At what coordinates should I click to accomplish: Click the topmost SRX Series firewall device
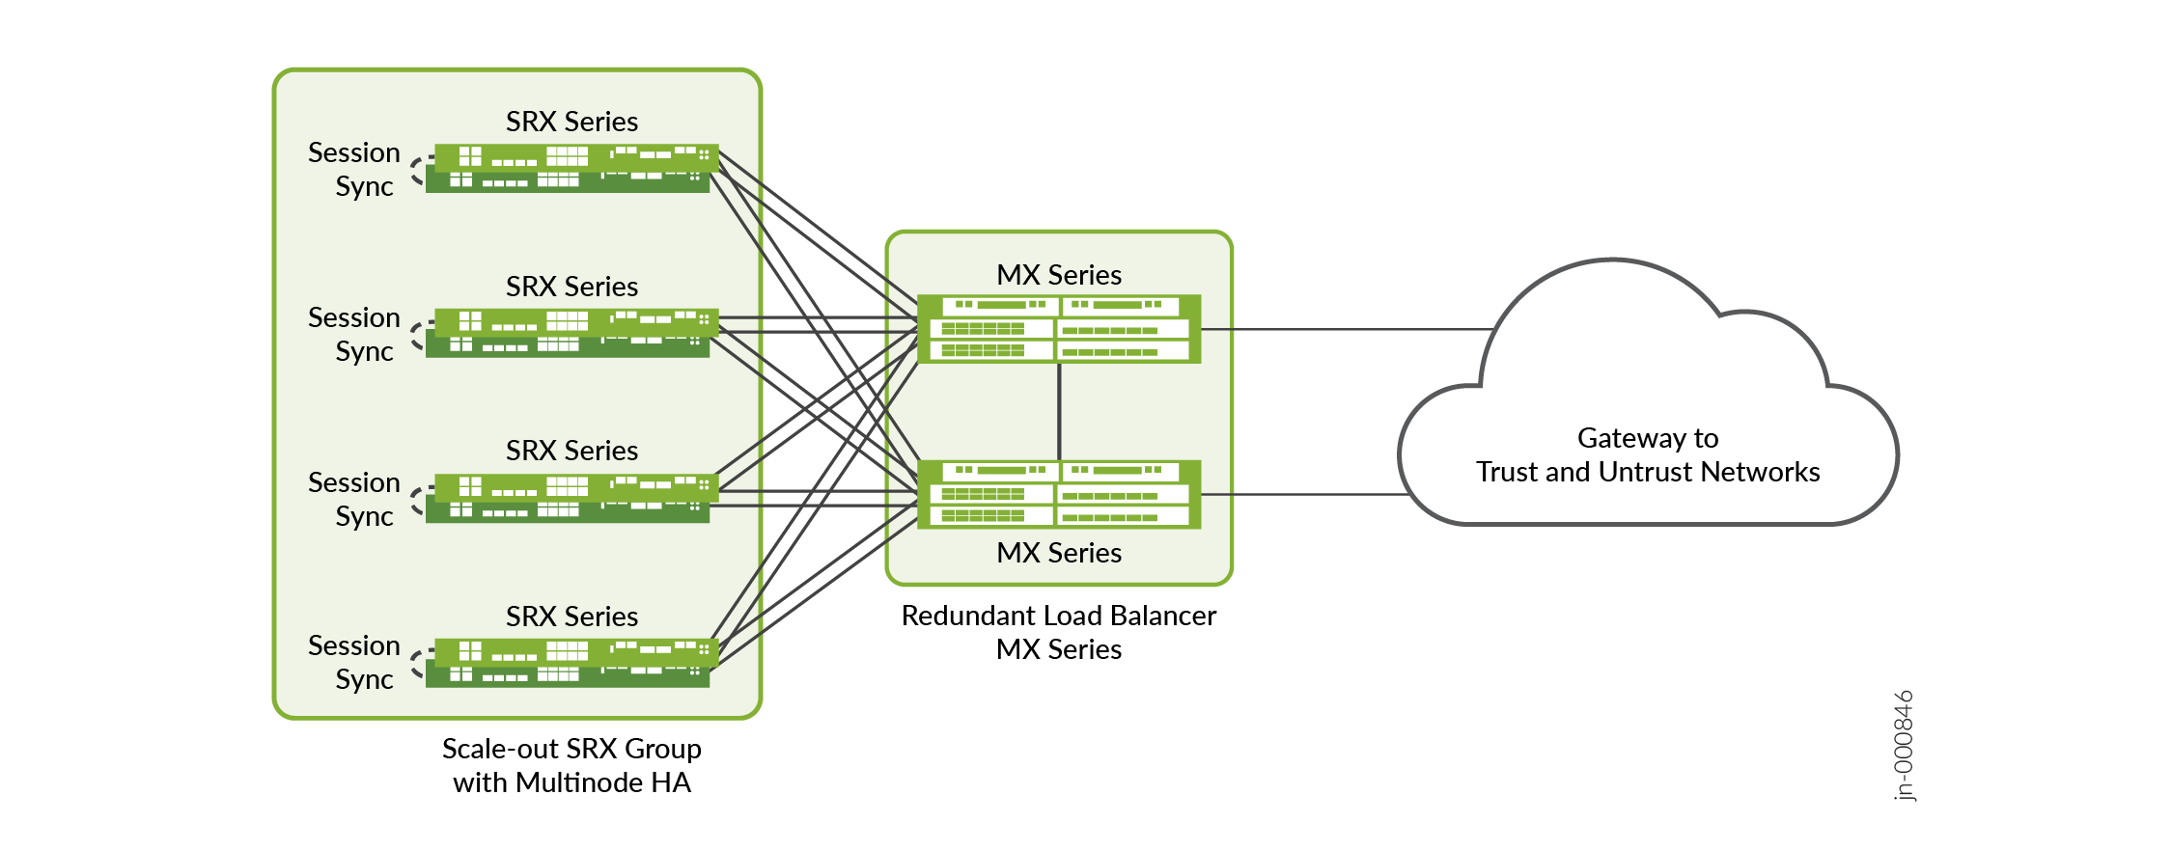[x=571, y=168]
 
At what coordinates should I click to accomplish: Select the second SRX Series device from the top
[x=571, y=333]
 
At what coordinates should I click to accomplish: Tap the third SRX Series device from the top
[x=571, y=498]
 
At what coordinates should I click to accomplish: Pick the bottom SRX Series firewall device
[x=571, y=663]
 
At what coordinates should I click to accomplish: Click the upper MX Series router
[x=1059, y=329]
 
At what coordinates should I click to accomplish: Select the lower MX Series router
[x=1059, y=494]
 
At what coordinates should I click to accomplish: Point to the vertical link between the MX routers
[x=1059, y=412]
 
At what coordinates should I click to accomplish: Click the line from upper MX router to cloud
[x=1347, y=329]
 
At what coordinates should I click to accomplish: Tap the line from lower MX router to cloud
[x=1303, y=494]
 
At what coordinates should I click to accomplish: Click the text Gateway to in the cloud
[x=1648, y=438]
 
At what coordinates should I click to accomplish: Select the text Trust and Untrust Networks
[x=1648, y=472]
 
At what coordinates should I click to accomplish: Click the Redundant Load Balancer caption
[x=1059, y=616]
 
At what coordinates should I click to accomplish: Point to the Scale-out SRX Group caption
[x=571, y=749]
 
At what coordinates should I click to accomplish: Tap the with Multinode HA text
[x=571, y=782]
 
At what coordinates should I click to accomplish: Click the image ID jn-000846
[x=1903, y=745]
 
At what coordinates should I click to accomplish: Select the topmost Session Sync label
[x=354, y=169]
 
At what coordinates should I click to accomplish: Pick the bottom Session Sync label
[x=354, y=662]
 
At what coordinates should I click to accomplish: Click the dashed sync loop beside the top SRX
[x=418, y=171]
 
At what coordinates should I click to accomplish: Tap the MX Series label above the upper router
[x=1059, y=275]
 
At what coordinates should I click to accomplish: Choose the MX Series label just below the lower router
[x=1059, y=553]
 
